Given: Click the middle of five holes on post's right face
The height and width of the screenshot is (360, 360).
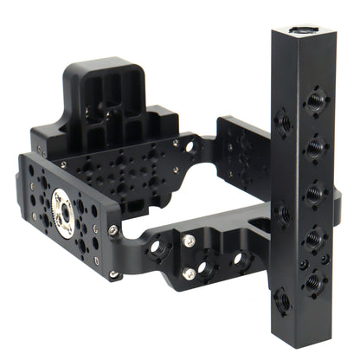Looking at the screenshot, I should (x=312, y=192).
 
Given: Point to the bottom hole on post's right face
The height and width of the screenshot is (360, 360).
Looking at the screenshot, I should (x=312, y=280).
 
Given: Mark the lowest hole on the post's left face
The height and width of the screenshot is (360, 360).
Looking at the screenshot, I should (x=280, y=300).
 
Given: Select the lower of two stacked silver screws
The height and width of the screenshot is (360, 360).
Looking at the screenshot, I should (x=190, y=274).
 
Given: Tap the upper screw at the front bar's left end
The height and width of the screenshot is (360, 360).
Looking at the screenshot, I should (x=113, y=230).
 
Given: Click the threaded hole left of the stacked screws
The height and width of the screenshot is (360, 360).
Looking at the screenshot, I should (x=157, y=249).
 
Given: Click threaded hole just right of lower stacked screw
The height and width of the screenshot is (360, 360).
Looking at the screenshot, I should (x=208, y=270).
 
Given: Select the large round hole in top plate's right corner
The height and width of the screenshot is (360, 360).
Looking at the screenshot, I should (x=191, y=148).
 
